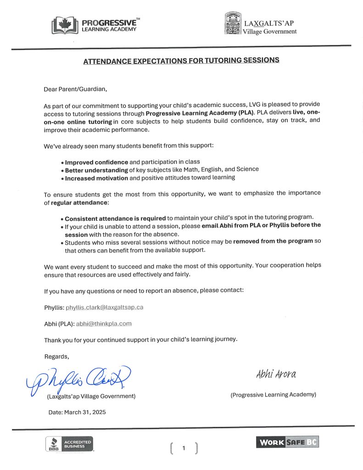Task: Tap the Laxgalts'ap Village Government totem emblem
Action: pyautogui.click(x=233, y=24)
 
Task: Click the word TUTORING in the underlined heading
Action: pyautogui.click(x=216, y=60)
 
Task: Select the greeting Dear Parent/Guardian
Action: pyautogui.click(x=78, y=89)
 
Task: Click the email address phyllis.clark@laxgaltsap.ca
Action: pyautogui.click(x=105, y=307)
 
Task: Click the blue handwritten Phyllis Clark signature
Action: pyautogui.click(x=78, y=379)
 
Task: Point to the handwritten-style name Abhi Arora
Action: pyautogui.click(x=276, y=374)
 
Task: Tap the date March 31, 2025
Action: pyautogui.click(x=77, y=412)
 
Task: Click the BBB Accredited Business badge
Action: pyautogui.click(x=69, y=444)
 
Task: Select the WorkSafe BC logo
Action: pyautogui.click(x=287, y=442)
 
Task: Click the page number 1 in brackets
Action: pyautogui.click(x=184, y=448)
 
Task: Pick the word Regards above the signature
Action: pyautogui.click(x=56, y=356)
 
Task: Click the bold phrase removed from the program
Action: pyautogui.click(x=273, y=241)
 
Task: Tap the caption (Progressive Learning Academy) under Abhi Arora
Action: pyautogui.click(x=273, y=395)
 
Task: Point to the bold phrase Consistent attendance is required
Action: pyautogui.click(x=115, y=218)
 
